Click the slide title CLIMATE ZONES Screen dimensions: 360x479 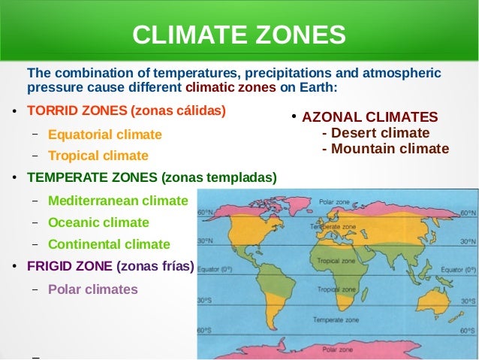pos(239,35)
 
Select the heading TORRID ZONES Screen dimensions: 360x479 pos(78,110)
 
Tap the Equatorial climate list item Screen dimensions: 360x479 pos(104,135)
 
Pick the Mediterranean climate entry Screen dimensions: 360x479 pos(117,201)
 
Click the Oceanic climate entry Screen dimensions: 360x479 pos(98,222)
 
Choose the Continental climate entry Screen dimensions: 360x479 pos(109,244)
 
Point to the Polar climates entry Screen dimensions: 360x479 pos(92,289)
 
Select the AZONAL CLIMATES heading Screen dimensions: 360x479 pos(370,117)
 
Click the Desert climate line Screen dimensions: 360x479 pos(375,133)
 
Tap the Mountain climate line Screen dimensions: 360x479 pos(385,149)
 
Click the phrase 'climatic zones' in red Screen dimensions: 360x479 pos(230,87)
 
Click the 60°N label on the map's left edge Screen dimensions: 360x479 pos(204,213)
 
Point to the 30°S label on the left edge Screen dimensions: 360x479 pos(204,300)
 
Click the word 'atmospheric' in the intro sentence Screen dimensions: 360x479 pos(398,73)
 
